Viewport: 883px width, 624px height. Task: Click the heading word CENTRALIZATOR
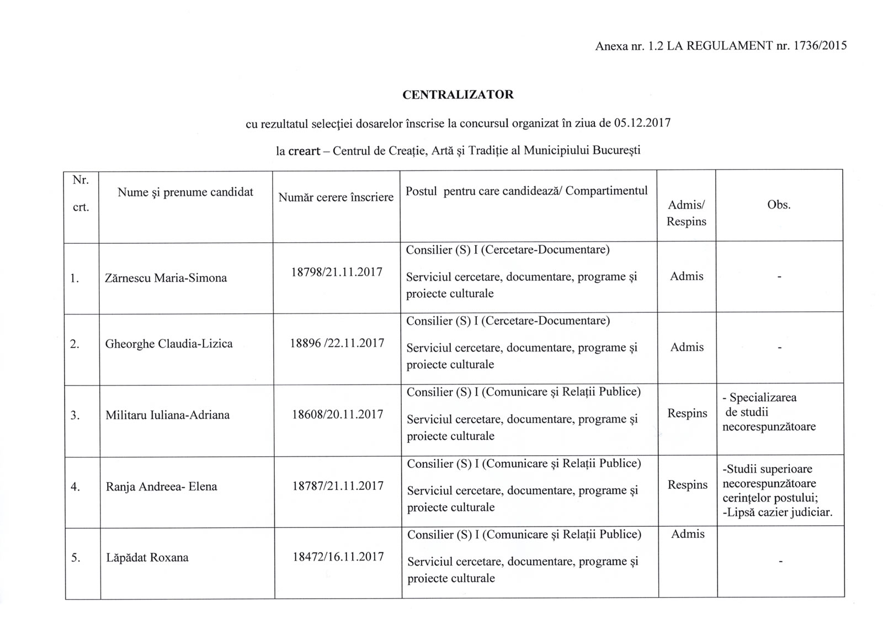point(458,95)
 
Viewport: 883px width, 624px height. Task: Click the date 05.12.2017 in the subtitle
point(642,122)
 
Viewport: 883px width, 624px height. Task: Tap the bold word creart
point(303,151)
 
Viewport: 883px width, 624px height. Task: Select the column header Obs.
point(779,205)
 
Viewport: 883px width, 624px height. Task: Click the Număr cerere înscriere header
point(336,197)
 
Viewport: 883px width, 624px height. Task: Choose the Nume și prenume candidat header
point(185,192)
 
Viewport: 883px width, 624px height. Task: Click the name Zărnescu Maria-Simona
point(166,278)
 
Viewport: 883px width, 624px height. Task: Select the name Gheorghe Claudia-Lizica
point(169,344)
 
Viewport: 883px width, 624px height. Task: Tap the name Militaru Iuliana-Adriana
point(168,415)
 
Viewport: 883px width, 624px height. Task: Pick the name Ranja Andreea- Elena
point(161,487)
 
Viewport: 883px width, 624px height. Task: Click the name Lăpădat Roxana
point(147,558)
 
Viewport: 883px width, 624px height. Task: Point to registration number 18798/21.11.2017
point(336,272)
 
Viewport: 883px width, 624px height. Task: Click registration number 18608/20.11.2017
point(337,414)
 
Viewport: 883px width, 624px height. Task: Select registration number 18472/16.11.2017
point(338,557)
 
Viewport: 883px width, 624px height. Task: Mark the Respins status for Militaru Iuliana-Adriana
point(687,413)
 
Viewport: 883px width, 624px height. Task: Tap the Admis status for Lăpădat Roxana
point(688,534)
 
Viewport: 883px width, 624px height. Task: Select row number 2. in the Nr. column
point(75,344)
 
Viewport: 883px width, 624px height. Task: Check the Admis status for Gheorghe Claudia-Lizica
point(687,348)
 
